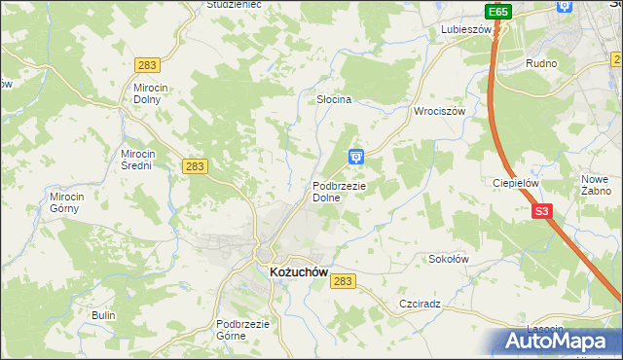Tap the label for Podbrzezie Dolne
coord(339,192)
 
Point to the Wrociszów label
coord(441,111)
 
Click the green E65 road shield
coord(498,12)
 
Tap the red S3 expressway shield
coord(541,211)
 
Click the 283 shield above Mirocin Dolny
coord(148,64)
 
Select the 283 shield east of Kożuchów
coord(342,280)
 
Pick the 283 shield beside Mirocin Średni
coord(195,166)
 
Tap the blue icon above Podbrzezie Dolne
coord(357,156)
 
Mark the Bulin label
coord(103,315)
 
